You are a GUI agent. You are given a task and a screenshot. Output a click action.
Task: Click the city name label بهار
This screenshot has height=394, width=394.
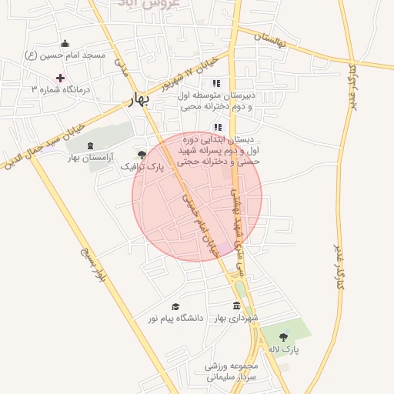tap(142, 102)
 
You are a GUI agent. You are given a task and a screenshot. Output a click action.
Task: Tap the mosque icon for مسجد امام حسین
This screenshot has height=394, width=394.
tap(65, 43)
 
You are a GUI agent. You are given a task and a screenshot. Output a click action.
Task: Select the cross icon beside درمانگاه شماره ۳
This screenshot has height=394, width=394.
tap(60, 78)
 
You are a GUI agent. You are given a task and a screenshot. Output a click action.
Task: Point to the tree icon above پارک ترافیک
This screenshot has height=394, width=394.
tap(142, 154)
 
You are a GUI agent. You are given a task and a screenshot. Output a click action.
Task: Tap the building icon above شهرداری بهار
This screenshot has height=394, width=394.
tap(235, 306)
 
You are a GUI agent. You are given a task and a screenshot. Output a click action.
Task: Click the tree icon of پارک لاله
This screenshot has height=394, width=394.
tap(283, 337)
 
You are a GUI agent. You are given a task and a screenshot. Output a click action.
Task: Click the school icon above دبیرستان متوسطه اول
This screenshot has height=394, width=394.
tap(216, 83)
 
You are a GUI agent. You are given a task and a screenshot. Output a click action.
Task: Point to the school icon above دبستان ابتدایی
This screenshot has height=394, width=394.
tap(218, 128)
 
